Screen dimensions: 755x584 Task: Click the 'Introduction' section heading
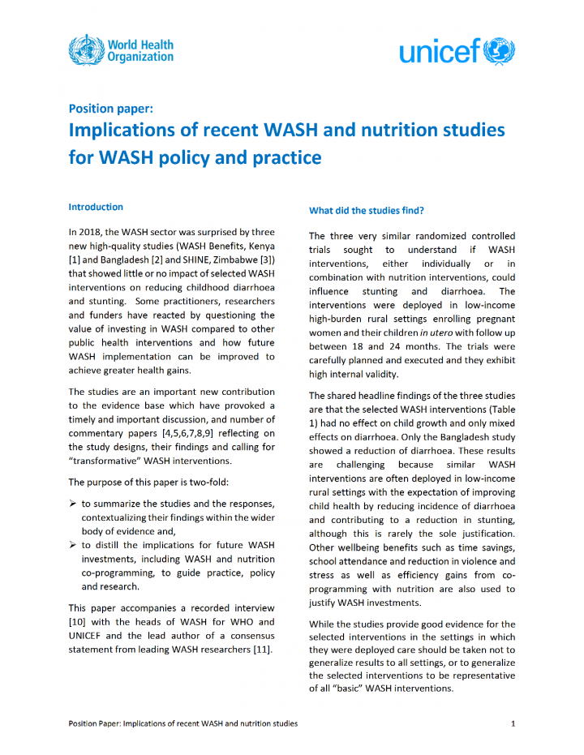96,207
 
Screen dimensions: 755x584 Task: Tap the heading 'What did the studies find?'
366,211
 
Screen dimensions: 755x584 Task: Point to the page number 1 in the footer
513,723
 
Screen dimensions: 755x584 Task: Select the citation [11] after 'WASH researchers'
260,649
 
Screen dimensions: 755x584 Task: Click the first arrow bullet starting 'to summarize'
74,504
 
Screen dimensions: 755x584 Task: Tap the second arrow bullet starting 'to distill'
74,545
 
